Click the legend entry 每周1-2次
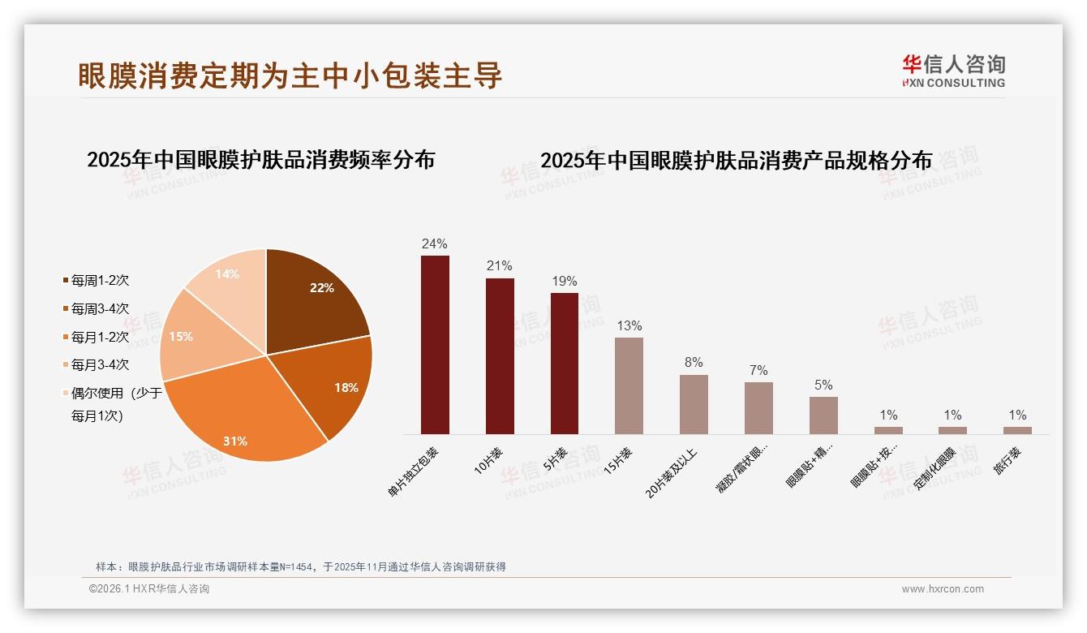(100, 281)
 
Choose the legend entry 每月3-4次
(100, 365)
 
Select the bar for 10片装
(500, 356)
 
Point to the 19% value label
(565, 281)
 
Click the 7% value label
(758, 370)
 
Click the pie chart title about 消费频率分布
(260, 160)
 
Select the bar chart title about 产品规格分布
(736, 161)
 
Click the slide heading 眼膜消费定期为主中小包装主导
(290, 75)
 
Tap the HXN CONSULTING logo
(953, 71)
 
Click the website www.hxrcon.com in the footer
(943, 589)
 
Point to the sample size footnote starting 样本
(301, 566)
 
